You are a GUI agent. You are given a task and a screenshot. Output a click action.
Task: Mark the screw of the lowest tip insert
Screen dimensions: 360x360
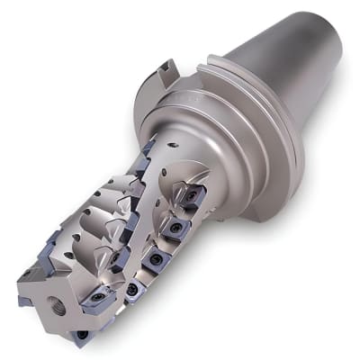point(84,334)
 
